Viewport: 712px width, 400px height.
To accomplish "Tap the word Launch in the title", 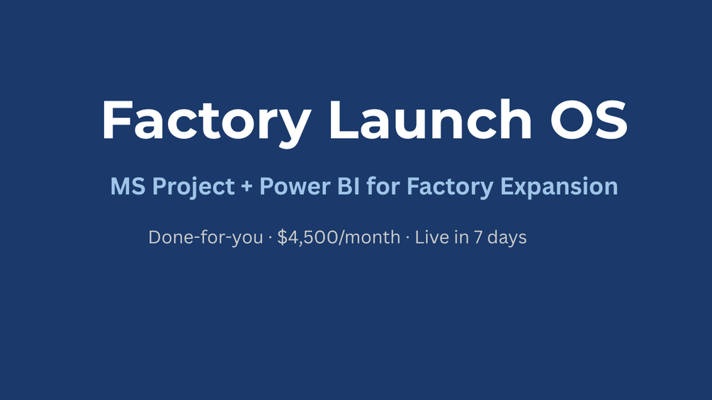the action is pyautogui.click(x=430, y=119).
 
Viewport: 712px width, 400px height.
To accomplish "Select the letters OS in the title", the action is pyautogui.click(x=589, y=119).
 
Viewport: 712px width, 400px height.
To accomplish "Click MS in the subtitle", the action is pyautogui.click(x=128, y=186).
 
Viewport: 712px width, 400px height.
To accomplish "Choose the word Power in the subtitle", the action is pyautogui.click(x=295, y=186).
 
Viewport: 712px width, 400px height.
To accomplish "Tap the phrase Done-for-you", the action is pyautogui.click(x=205, y=238).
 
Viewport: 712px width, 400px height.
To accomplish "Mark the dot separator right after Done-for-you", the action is pyautogui.click(x=270, y=238).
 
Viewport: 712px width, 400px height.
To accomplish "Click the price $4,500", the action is pyautogui.click(x=308, y=238).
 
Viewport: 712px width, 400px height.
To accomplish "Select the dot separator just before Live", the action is pyautogui.click(x=407, y=238).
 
